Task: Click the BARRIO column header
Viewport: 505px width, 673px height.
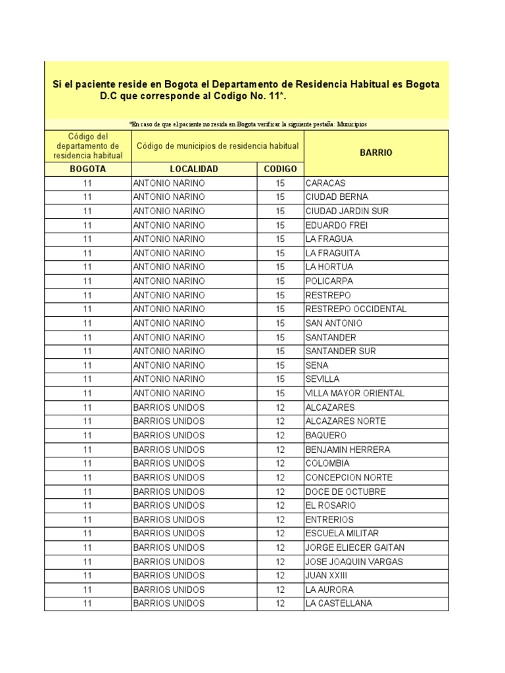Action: click(x=375, y=152)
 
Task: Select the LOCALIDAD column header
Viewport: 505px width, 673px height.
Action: click(x=194, y=169)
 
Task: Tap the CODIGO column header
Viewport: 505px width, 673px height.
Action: click(x=280, y=169)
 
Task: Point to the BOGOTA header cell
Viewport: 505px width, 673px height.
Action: click(x=87, y=169)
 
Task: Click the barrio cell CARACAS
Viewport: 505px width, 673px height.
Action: click(x=325, y=183)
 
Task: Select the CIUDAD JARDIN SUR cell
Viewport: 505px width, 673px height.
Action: click(x=347, y=211)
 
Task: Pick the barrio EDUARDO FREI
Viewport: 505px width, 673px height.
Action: click(x=337, y=225)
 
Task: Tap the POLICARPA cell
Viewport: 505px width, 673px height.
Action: click(x=329, y=281)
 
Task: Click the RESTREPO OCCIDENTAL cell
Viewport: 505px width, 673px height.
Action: click(x=356, y=309)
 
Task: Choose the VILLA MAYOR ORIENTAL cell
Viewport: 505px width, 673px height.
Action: click(x=355, y=393)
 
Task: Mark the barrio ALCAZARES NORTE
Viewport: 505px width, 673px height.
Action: click(x=345, y=421)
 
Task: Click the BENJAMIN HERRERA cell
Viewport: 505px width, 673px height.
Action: click(x=347, y=450)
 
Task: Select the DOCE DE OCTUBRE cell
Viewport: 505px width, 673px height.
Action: click(x=345, y=492)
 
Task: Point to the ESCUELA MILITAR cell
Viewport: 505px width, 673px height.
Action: click(x=342, y=534)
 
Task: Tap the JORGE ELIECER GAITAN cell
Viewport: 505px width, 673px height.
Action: click(x=355, y=547)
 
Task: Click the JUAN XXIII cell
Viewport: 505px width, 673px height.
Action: click(x=326, y=576)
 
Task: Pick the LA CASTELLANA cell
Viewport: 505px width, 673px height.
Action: click(x=339, y=603)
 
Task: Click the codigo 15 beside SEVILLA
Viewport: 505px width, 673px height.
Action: click(x=280, y=379)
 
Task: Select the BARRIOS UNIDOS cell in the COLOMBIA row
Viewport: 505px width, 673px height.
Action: click(x=168, y=463)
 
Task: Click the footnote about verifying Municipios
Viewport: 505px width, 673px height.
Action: click(x=249, y=124)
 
